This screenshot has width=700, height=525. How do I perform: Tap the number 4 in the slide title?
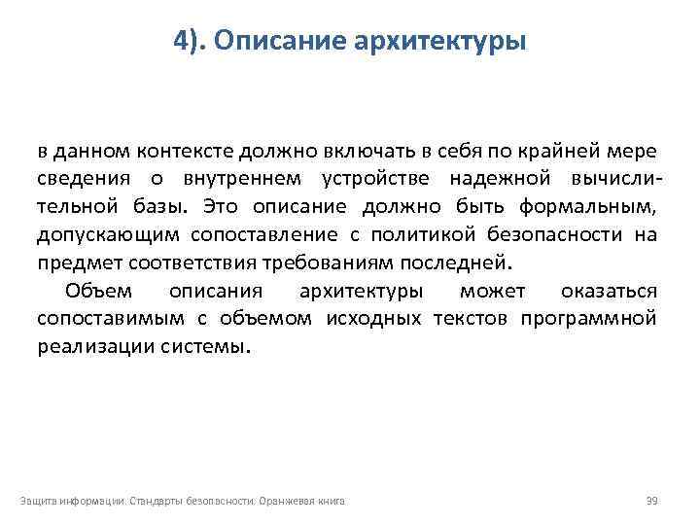pyautogui.click(x=182, y=41)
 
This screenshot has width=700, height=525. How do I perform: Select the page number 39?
pyautogui.click(x=652, y=501)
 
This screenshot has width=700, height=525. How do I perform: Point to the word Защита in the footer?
pyautogui.click(x=35, y=501)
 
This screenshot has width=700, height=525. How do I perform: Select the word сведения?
pyautogui.click(x=81, y=179)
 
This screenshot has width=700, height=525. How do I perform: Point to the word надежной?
pyautogui.click(x=491, y=179)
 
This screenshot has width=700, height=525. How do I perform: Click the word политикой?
pyautogui.click(x=444, y=234)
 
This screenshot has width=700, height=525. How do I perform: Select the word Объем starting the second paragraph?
pyautogui.click(x=98, y=291)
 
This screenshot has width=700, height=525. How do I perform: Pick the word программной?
pyautogui.click(x=587, y=318)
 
